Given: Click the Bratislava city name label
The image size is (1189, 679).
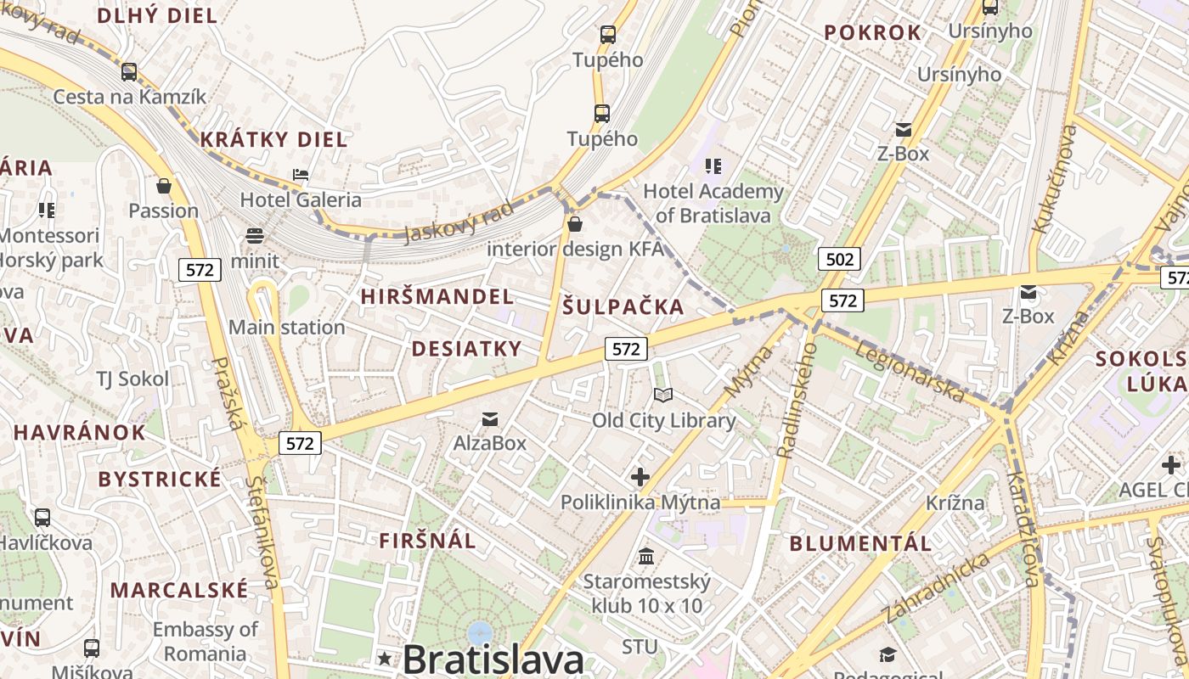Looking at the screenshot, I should (x=493, y=659).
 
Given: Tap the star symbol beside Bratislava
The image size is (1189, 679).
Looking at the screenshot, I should (x=385, y=658).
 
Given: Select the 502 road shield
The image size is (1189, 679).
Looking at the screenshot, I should (x=839, y=259).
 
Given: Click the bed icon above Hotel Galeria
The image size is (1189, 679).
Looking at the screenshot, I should (x=301, y=175).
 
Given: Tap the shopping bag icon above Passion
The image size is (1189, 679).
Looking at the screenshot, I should (x=164, y=185).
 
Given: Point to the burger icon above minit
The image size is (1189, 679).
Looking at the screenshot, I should (x=254, y=235).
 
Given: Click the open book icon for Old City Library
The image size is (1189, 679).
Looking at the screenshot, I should (x=663, y=395).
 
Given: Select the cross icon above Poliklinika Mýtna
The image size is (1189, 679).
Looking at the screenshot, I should (x=640, y=477).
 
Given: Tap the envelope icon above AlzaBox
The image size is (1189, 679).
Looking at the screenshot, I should (x=490, y=418).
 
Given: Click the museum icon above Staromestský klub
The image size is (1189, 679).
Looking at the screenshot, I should (x=646, y=556).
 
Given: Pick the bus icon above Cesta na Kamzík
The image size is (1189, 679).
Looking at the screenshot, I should (x=129, y=72).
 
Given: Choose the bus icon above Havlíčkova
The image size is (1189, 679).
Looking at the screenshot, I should (x=42, y=517).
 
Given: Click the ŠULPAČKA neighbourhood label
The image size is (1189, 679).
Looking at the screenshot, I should (x=623, y=307).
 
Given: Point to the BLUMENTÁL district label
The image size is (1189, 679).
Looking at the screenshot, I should (x=860, y=543).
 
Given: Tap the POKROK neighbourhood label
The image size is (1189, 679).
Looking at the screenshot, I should (x=872, y=33).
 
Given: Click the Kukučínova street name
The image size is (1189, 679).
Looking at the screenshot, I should (x=1054, y=179).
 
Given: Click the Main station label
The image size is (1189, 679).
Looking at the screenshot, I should (x=286, y=327).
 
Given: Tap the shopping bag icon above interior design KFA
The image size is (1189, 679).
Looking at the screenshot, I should (x=575, y=224).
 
